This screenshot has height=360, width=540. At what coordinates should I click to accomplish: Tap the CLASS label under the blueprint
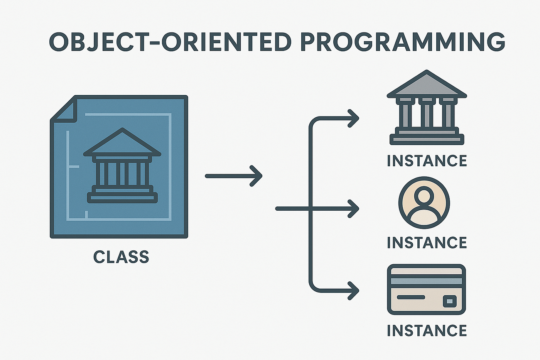[121, 257]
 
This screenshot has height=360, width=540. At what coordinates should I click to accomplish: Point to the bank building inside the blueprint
[122, 166]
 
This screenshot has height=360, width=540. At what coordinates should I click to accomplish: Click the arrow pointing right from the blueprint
[234, 176]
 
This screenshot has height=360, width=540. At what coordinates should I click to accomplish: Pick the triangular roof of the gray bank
[427, 84]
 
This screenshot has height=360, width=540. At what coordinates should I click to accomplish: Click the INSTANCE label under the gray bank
[427, 161]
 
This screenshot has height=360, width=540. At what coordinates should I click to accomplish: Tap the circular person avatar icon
[424, 203]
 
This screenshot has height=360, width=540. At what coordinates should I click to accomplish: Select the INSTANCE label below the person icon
[427, 243]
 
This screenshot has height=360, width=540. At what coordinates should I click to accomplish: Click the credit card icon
[427, 289]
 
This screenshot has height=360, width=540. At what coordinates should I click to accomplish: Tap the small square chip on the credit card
[449, 301]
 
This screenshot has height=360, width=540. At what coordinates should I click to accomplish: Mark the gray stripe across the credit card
[427, 281]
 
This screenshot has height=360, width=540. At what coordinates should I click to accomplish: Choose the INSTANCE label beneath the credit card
[427, 331]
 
